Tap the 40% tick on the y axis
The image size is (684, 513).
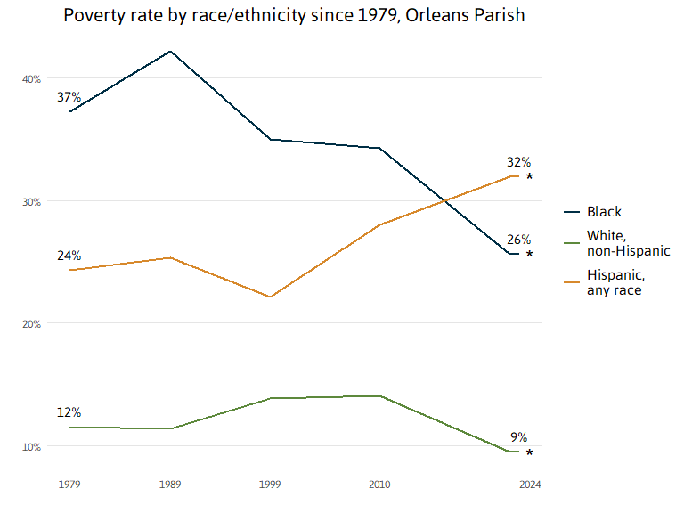[x=32, y=79]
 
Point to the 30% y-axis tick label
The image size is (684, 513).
[x=32, y=202]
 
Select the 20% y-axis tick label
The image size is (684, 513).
[x=32, y=324]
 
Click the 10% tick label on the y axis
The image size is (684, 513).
[x=32, y=447]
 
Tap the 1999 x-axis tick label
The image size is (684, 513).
[x=270, y=484]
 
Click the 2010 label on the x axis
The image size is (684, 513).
[x=380, y=484]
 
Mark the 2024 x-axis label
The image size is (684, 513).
[x=530, y=484]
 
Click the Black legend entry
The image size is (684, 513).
[x=604, y=212]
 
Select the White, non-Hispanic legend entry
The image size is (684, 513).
[x=628, y=243]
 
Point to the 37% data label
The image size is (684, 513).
[x=69, y=96]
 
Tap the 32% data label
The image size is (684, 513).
[x=518, y=162]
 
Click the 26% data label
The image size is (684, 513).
[x=518, y=240]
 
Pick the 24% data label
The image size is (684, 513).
[x=69, y=256]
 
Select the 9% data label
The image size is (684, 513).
[x=518, y=437]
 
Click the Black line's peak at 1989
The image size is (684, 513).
[x=169, y=51]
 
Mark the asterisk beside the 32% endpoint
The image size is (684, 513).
[x=530, y=176]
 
